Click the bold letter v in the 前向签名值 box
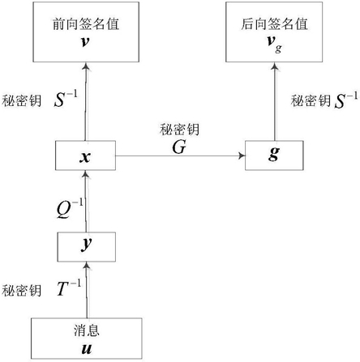[x=85, y=42]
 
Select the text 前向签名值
[x=86, y=23]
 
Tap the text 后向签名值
[x=274, y=23]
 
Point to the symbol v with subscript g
[x=274, y=44]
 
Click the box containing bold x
[x=85, y=155]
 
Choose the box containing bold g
[x=274, y=155]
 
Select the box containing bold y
[x=87, y=247]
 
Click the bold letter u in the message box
[x=87, y=349]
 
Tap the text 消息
[x=87, y=330]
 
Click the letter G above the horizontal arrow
[x=179, y=147]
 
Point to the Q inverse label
[x=70, y=208]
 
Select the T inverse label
[x=69, y=287]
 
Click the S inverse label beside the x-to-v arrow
[x=66, y=99]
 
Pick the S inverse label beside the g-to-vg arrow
[x=346, y=100]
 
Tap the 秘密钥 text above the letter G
[x=179, y=130]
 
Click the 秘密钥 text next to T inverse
[x=22, y=291]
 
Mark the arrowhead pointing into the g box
[x=242, y=155]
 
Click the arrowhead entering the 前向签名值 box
[x=86, y=66]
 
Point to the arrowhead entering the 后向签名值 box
[x=275, y=66]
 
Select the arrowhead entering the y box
[x=87, y=266]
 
